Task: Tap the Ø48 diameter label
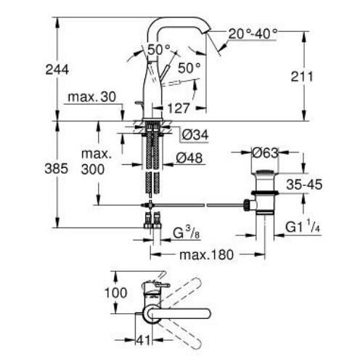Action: (190, 159)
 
